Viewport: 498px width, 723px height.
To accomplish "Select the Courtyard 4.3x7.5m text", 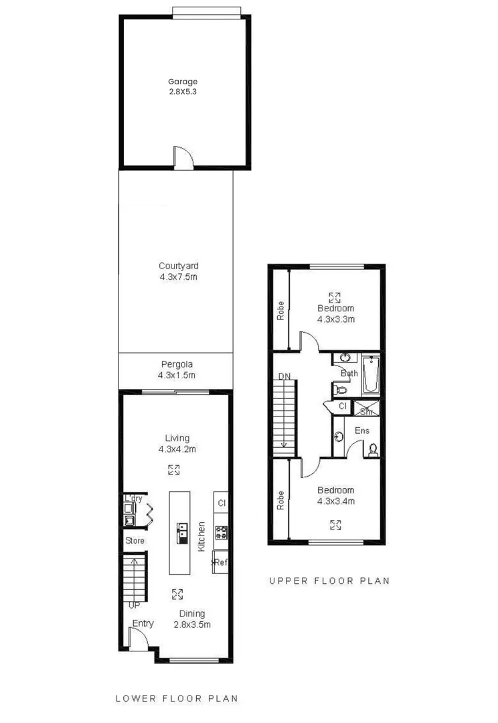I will point(177,270).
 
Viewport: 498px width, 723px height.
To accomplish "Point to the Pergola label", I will point(177,365).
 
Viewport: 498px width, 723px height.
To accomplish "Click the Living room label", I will point(174,438).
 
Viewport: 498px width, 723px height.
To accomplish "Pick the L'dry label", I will point(133,499).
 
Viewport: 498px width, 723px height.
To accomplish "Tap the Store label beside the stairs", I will point(135,540).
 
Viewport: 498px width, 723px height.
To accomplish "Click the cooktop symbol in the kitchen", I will point(222,533).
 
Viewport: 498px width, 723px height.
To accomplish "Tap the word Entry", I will point(143,623).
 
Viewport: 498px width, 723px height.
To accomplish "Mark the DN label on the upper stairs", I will point(285,378).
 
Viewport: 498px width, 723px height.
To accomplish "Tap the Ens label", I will point(362,430).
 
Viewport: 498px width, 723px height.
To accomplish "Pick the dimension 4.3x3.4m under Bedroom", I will point(335,501).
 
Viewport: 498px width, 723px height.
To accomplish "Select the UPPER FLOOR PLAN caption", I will point(329,581).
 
